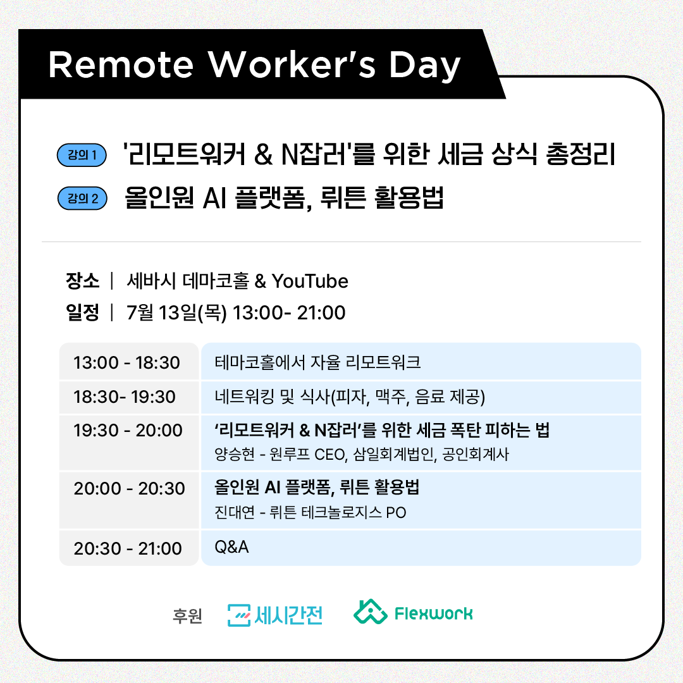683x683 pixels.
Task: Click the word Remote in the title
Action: point(121,65)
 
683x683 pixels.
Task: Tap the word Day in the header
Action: point(425,66)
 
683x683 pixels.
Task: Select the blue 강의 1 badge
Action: point(82,155)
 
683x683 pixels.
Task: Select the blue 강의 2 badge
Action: point(82,199)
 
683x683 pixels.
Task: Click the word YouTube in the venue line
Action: point(310,281)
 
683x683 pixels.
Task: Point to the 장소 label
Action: point(82,281)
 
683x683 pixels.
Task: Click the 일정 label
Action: point(82,312)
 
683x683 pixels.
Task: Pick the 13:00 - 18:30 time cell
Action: point(126,362)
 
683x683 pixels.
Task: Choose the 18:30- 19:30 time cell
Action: point(125,397)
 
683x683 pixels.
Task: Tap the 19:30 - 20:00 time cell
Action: point(128,431)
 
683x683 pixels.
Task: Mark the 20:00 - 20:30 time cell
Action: point(130,489)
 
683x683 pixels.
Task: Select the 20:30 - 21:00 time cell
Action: point(128,548)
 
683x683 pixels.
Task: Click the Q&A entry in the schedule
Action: point(231,547)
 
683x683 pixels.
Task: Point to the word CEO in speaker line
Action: point(330,455)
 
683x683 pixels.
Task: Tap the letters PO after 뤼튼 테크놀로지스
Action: point(396,513)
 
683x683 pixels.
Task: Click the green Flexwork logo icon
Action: point(370,612)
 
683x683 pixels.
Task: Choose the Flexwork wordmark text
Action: point(433,613)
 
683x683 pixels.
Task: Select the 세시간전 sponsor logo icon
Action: point(238,615)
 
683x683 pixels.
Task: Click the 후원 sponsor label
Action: point(187,615)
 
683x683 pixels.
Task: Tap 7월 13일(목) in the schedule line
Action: point(177,313)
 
